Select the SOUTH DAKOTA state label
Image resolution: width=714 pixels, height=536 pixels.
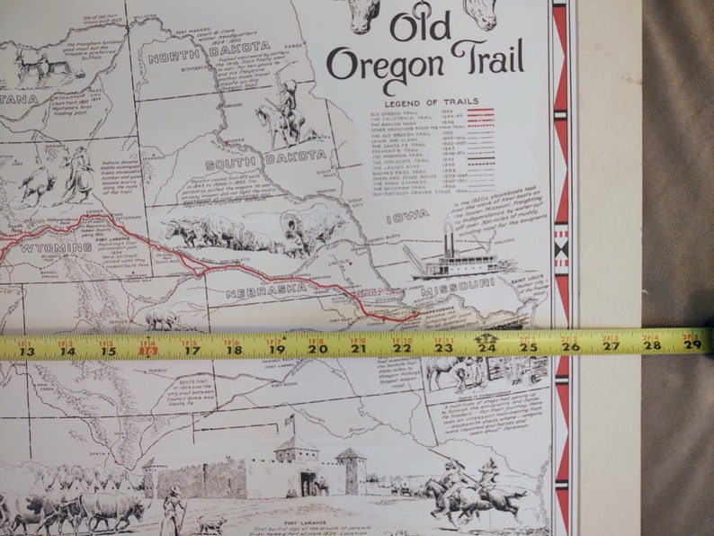coord(254,161)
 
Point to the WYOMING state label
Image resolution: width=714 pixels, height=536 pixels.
coord(56,247)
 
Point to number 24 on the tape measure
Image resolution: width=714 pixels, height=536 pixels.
coord(486,346)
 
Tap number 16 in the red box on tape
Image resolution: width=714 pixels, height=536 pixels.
coord(148,349)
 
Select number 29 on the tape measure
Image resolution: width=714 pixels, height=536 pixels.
coord(692,344)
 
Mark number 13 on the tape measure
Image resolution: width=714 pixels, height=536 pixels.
coord(26,351)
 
